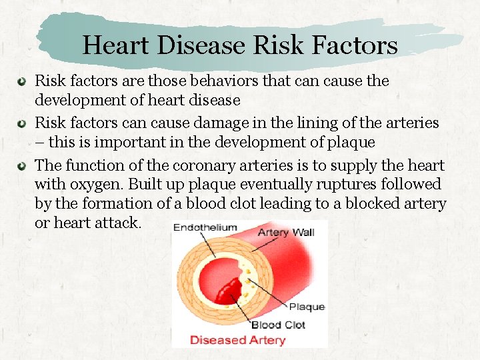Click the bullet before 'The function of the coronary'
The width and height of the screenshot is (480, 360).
(22, 165)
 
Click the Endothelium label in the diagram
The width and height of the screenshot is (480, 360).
(205, 228)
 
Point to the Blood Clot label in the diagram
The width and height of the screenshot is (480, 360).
(278, 325)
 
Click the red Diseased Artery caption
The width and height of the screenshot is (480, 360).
(237, 340)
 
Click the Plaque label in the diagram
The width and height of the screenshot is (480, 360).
(307, 307)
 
